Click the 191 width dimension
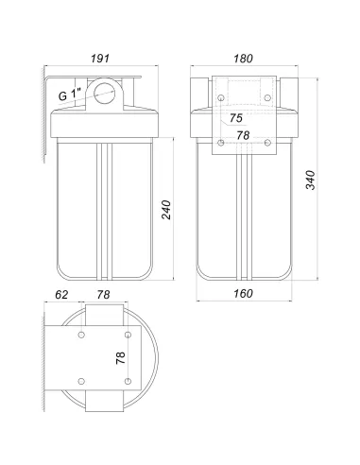pyautogui.click(x=100, y=59)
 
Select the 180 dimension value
pyautogui.click(x=243, y=59)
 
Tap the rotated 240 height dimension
pyautogui.click(x=166, y=210)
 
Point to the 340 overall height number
pyautogui.click(x=311, y=180)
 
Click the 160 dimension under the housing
pyautogui.click(x=243, y=294)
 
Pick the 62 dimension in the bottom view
pyautogui.click(x=61, y=295)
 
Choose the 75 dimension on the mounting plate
pyautogui.click(x=236, y=118)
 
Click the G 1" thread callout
pyautogui.click(x=70, y=95)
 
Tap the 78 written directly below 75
pyautogui.click(x=243, y=135)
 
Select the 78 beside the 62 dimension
pyautogui.click(x=103, y=295)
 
